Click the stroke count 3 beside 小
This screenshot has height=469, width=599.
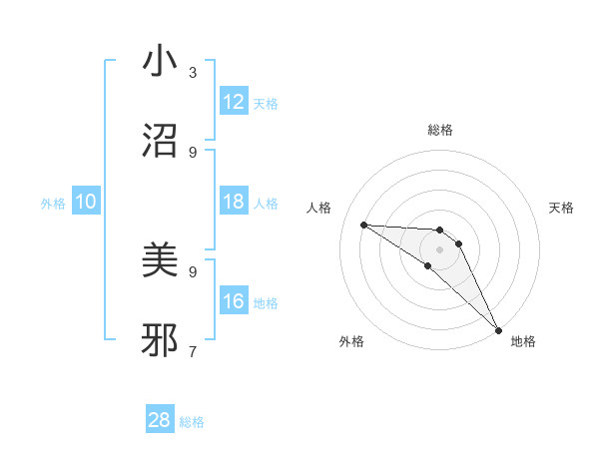193,72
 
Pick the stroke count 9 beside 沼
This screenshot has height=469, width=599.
193,152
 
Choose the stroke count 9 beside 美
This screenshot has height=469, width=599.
193,271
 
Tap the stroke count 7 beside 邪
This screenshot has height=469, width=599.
193,351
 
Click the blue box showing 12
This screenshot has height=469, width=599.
234,102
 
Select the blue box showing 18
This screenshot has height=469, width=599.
234,202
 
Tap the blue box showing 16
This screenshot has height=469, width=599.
234,301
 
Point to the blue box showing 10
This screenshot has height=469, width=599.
86,202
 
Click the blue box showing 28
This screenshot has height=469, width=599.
160,420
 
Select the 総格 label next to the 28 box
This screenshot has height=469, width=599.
192,422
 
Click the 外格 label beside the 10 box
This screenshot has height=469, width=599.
53,204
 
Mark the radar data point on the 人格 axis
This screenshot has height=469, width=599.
363,225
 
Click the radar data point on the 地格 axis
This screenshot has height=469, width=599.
499,328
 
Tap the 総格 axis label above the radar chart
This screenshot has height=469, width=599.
440,130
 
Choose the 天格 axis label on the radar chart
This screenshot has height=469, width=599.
561,208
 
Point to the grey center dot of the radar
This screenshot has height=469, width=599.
439,248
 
